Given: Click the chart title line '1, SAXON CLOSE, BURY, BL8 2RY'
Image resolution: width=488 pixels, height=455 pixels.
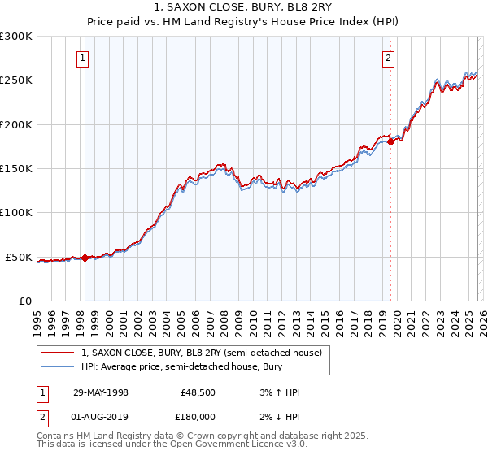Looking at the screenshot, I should coord(243,8).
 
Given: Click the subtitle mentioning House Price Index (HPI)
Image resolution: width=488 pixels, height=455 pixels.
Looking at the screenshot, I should coord(243,23).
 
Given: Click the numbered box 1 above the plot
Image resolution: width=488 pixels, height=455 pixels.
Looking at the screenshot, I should coord(84,58).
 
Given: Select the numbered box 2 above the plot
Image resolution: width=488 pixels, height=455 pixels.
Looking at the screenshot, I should coord(390,58).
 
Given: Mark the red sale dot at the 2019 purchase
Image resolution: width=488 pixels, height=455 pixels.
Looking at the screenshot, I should coord(390,141).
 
